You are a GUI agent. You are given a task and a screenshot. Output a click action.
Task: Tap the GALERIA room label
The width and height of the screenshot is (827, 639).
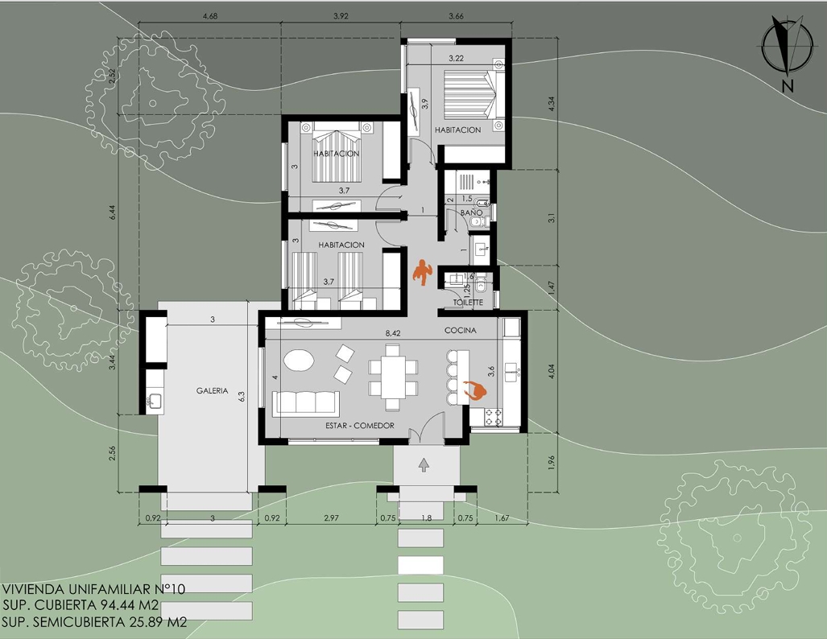coord(212,390)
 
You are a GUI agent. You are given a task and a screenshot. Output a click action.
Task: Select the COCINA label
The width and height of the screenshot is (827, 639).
coord(461,331)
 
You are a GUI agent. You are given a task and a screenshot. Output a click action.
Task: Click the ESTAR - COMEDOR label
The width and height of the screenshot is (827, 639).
coord(360,426)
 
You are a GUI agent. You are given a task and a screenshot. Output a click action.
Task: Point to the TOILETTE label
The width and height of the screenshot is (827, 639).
coord(469,303)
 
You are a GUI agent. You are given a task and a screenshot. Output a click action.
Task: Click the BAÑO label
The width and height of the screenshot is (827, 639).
coord(471,212)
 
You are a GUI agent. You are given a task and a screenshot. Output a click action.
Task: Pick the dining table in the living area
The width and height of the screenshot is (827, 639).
coord(394,377)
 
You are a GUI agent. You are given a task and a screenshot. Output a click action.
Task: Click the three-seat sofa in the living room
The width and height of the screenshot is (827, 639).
coord(305,403)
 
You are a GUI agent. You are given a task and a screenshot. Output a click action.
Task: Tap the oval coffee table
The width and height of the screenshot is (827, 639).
coord(299,361)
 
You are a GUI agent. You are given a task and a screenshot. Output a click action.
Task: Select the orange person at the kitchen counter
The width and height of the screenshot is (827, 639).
coord(474,390)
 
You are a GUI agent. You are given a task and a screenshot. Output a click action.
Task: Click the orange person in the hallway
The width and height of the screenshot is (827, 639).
coord(422,272)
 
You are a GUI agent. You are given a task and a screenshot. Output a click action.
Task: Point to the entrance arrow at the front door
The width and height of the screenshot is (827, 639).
coord(424,464)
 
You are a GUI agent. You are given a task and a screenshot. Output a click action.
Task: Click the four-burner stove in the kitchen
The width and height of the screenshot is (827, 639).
coord(493,417)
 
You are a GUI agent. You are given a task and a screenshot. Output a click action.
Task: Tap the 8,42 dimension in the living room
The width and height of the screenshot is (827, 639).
coord(393,333)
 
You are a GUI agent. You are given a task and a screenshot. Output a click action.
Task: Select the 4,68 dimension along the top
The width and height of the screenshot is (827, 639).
coord(209,16)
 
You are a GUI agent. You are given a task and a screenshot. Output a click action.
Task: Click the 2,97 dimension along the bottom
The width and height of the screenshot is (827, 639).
coord(331,518)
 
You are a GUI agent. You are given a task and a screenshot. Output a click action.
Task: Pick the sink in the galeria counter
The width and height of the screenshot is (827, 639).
coord(155,401)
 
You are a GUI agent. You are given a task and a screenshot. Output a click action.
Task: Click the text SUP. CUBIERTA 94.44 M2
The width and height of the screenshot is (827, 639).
coord(81,605)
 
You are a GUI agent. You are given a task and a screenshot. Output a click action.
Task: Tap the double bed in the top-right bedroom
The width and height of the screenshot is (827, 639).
coord(470,95)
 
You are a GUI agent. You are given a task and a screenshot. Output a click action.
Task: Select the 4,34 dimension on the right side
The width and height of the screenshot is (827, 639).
coord(551,103)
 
